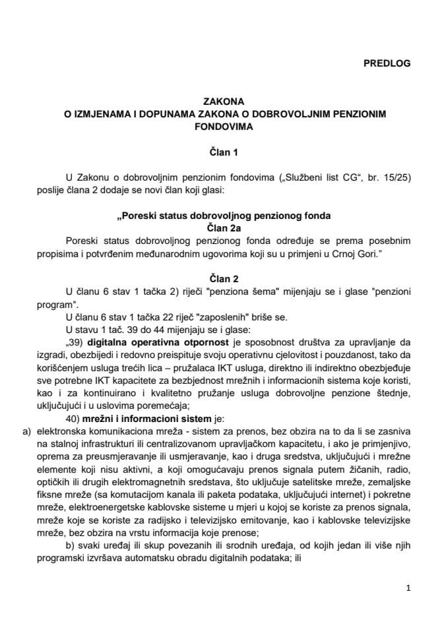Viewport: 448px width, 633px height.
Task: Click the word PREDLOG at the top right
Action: click(x=387, y=63)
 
